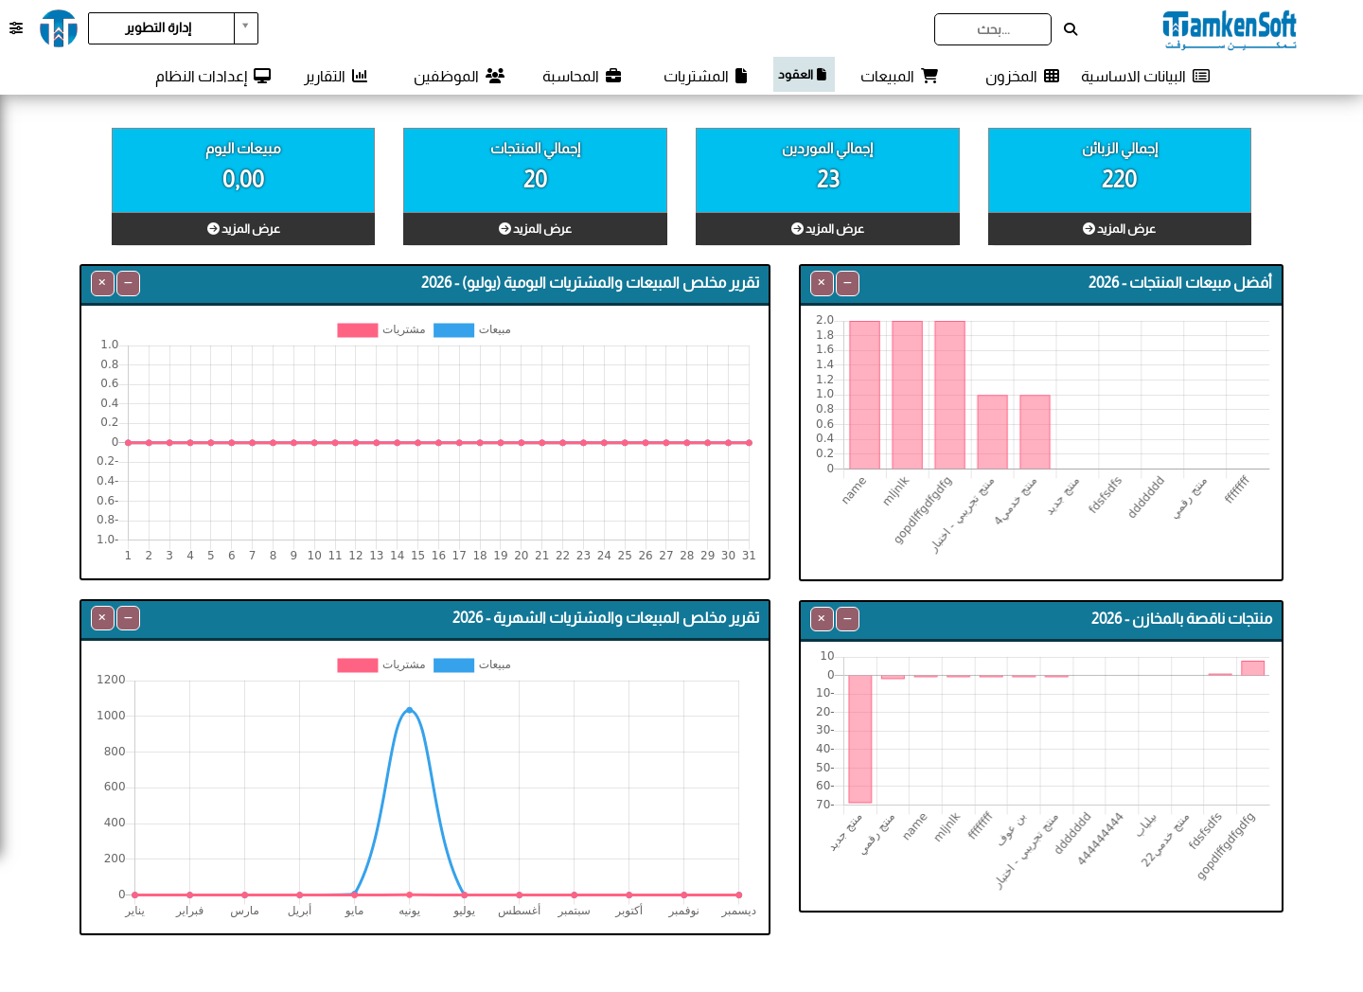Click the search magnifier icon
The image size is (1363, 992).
[1071, 29]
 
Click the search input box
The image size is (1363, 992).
[992, 29]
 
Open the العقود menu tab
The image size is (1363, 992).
[804, 74]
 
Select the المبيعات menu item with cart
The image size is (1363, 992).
[898, 76]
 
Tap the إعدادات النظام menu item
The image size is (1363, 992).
[213, 76]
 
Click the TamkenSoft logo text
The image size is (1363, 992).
[1230, 29]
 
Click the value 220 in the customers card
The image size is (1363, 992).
[1119, 179]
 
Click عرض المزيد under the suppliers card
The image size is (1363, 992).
[827, 229]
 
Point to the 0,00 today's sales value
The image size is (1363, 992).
[243, 179]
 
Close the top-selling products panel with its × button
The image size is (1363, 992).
[822, 283]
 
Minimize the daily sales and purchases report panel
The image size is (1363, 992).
[128, 283]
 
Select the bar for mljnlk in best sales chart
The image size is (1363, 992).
[907, 395]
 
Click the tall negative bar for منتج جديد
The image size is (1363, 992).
[859, 738]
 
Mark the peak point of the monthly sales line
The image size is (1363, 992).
[410, 710]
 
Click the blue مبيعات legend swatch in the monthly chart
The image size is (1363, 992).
[453, 665]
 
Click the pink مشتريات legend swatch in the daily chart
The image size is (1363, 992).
[357, 329]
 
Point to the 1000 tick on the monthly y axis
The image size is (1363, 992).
[111, 715]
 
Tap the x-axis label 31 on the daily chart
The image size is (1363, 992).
[749, 555]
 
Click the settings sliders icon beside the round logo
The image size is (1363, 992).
[16, 28]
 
